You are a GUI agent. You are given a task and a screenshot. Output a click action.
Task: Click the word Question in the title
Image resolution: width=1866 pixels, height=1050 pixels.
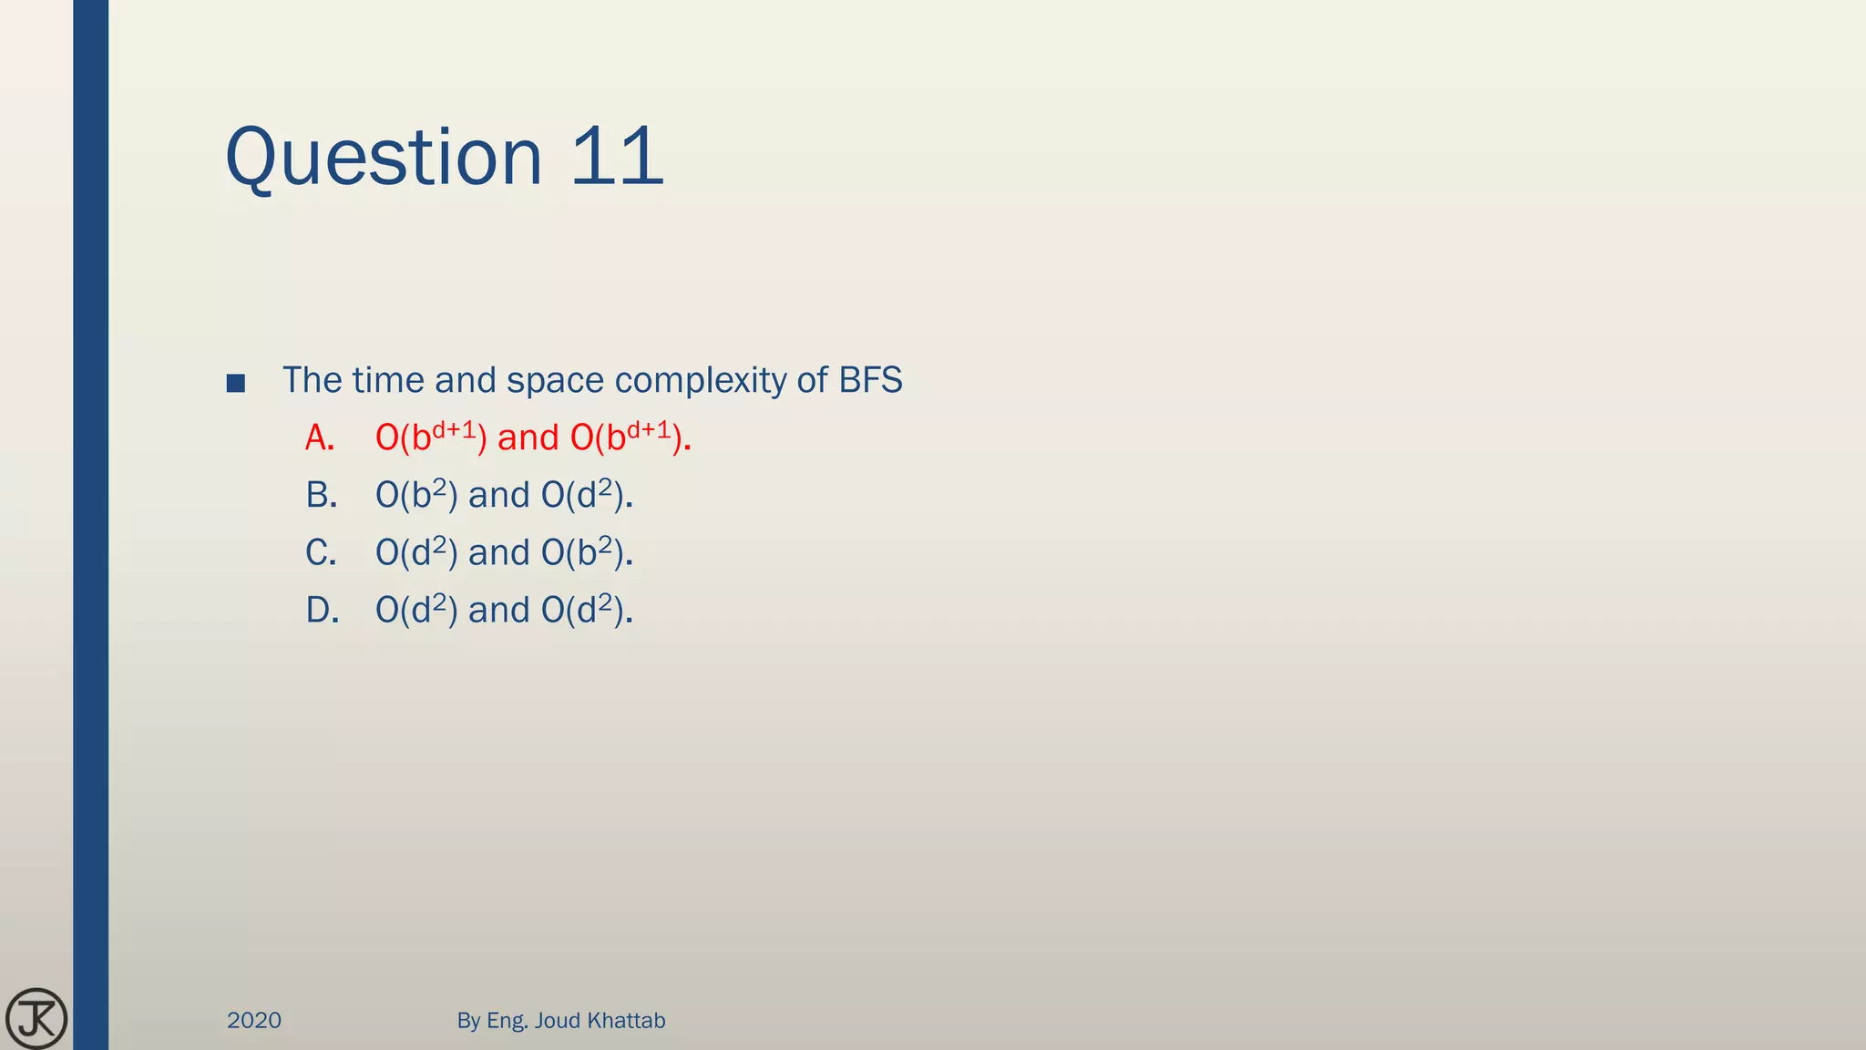[x=384, y=157]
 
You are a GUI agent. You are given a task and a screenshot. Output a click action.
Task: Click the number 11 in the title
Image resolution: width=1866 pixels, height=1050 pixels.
[x=617, y=157]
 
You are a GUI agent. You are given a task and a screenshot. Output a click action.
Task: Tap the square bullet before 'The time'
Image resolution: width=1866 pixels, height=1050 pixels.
[x=236, y=383]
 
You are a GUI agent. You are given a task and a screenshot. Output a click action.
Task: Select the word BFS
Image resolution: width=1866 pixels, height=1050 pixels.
[x=870, y=380]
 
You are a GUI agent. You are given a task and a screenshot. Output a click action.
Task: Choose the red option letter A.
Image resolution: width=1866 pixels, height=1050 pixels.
[x=319, y=438]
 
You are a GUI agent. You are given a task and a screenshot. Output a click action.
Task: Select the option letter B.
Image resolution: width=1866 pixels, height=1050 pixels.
[x=321, y=496]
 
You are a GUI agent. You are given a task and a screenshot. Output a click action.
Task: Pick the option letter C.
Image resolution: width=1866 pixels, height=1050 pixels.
[x=321, y=553]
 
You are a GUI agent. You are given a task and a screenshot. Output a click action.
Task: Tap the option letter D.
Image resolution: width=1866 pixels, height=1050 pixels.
[x=322, y=611]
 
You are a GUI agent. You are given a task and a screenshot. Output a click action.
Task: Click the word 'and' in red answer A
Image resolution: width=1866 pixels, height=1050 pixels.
[x=528, y=438]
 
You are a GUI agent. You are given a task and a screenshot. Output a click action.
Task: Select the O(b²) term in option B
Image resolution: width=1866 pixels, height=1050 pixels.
[x=416, y=496]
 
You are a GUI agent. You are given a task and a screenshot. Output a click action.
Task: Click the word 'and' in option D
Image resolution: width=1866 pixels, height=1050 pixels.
[x=498, y=611]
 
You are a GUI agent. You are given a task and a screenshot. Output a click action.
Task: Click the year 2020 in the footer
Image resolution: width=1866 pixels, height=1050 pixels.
[x=254, y=1021]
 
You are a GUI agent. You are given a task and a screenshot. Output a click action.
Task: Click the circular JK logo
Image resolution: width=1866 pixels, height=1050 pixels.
[x=36, y=1018]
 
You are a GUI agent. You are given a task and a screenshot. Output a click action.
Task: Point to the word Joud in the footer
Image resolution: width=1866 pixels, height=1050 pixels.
[x=558, y=1021]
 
